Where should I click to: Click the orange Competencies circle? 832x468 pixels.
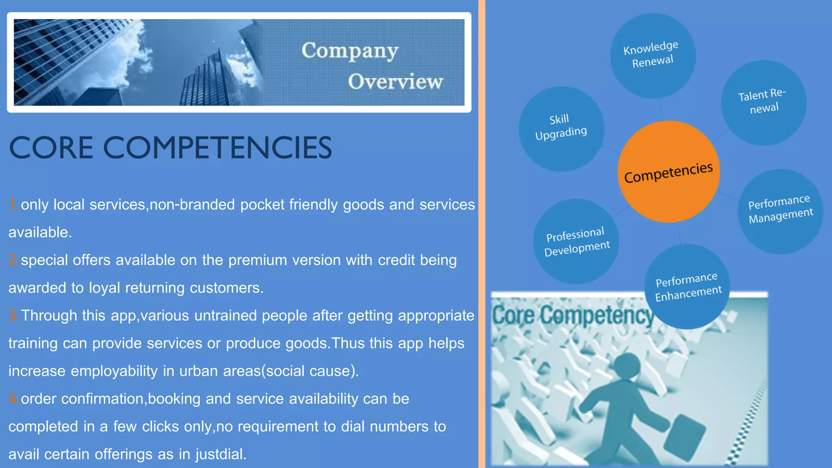pos(668,172)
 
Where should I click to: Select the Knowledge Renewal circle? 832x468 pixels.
pos(652,56)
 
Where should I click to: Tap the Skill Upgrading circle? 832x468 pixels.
pos(561,128)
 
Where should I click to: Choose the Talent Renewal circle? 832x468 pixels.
pos(763,102)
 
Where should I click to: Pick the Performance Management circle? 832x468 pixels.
pos(780,211)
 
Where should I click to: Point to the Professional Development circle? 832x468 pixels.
pos(576,241)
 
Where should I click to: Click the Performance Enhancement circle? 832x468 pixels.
pos(687,287)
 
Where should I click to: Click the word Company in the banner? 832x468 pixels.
pos(350,52)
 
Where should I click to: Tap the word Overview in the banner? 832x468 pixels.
pos(395,82)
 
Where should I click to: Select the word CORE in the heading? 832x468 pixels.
pos(51,147)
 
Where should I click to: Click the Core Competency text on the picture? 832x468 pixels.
pos(573,316)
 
